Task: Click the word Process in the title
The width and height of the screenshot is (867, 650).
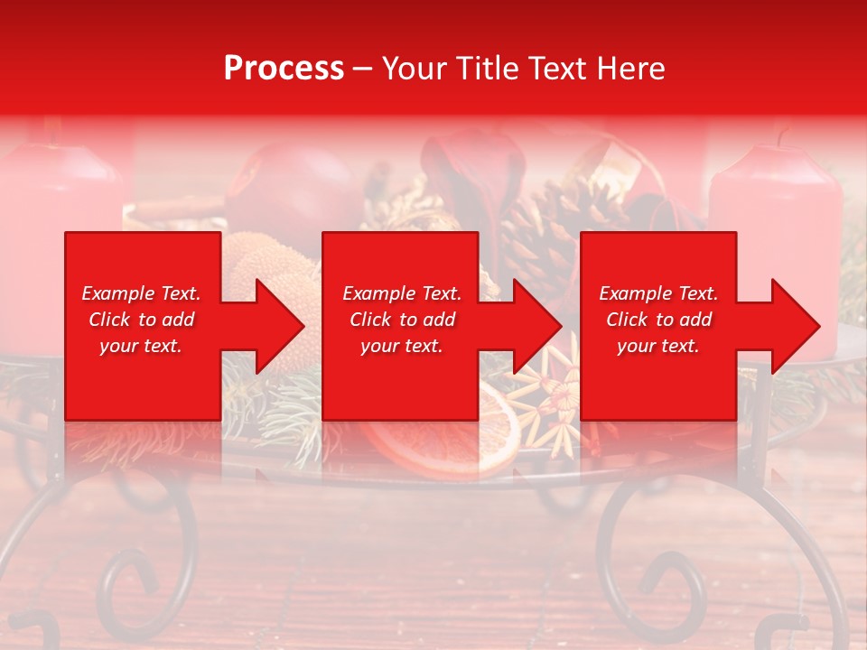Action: coord(284,68)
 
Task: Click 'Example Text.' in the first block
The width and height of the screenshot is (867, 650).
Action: coord(141,293)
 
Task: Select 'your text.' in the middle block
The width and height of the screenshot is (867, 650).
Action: coord(401,346)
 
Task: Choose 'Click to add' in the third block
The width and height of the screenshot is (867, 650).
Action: coord(658,320)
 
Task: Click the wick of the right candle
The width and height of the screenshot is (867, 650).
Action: coord(782,137)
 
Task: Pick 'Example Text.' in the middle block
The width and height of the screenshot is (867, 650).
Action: coord(402,293)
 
